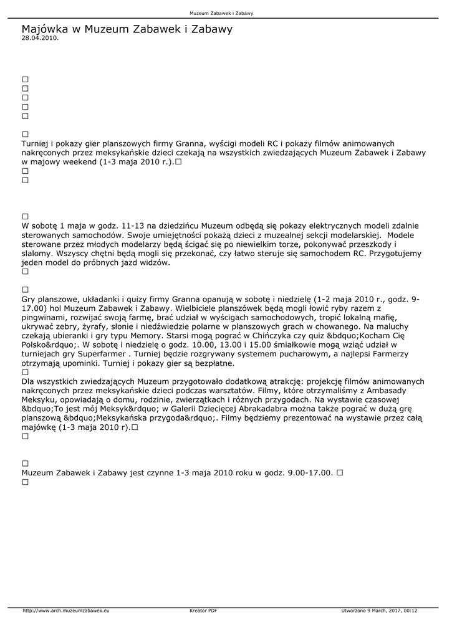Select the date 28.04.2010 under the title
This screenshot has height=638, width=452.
40,38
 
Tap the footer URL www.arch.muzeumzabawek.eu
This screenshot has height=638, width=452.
66,611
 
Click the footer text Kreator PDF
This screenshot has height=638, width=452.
203,611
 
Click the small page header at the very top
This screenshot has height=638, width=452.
226,13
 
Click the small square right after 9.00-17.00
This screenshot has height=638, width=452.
340,473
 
